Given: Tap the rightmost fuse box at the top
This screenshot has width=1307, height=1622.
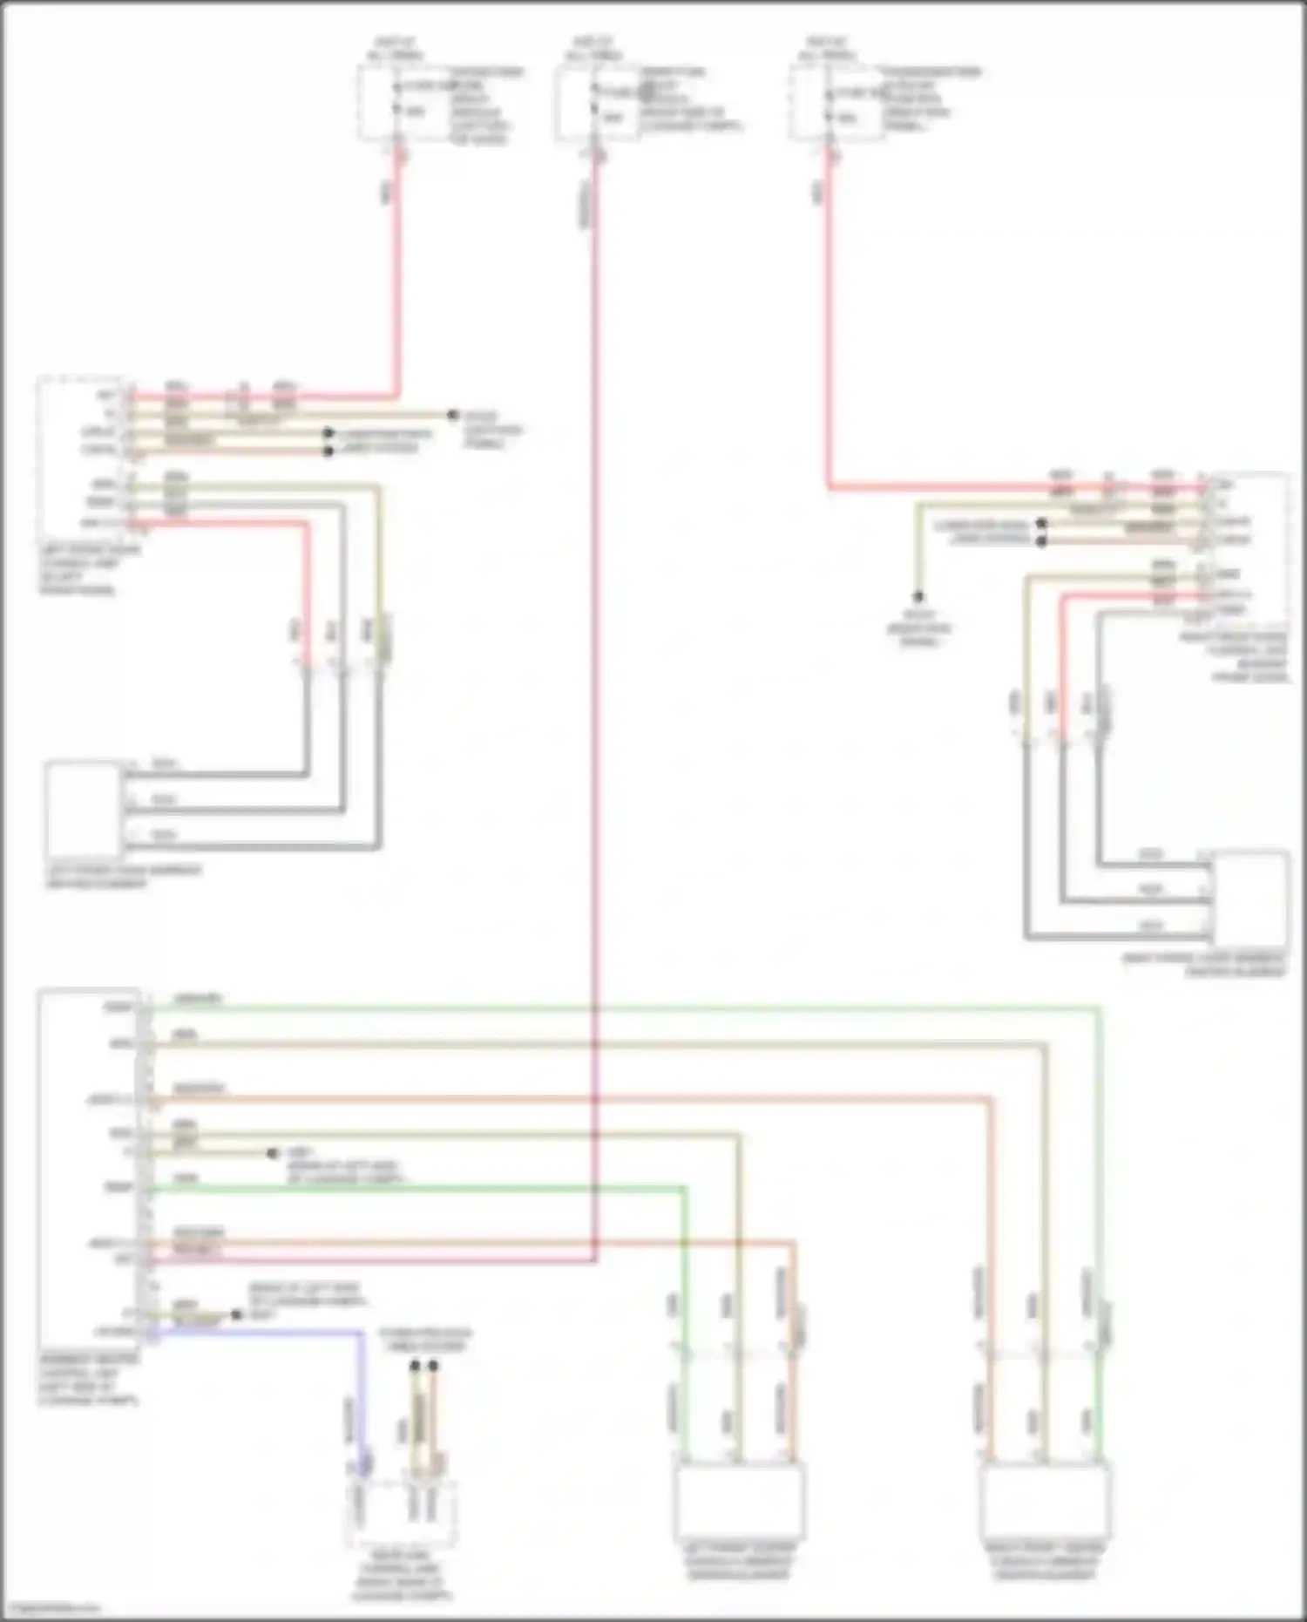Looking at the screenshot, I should tap(834, 103).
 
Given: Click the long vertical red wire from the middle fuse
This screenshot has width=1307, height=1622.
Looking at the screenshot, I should tap(595, 697).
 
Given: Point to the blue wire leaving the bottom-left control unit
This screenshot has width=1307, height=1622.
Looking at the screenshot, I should tap(261, 1333).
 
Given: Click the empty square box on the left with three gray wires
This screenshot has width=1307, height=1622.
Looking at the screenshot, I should tap(83, 809).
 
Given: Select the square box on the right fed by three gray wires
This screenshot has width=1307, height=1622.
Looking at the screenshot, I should tap(1250, 898).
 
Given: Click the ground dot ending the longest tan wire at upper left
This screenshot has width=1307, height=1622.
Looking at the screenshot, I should tap(452, 416).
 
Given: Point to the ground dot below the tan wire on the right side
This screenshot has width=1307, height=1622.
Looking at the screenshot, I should tap(918, 597).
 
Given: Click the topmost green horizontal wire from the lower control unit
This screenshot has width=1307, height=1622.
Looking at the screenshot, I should tap(610, 1008).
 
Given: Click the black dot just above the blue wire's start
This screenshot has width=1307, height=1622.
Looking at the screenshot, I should tap(236, 1315).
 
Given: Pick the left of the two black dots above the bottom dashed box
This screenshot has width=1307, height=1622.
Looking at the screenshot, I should tap(416, 1366).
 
